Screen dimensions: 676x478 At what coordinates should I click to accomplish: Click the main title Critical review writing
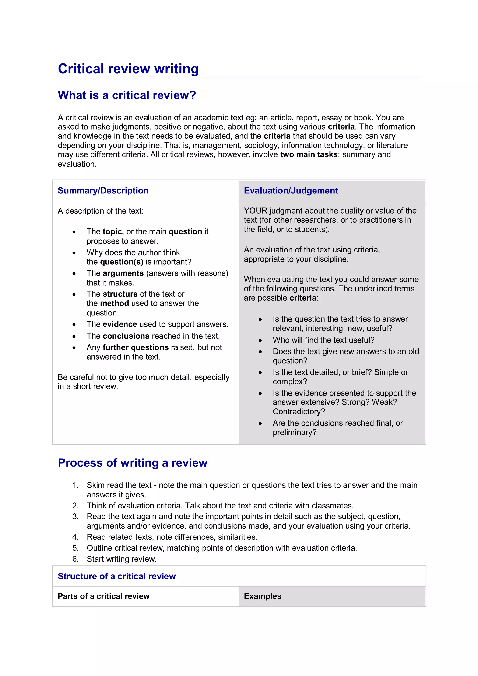pyautogui.click(x=128, y=69)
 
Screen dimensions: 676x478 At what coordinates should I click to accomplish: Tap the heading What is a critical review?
pyautogui.click(x=127, y=95)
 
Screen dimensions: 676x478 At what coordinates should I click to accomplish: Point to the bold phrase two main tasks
pyautogui.click(x=308, y=154)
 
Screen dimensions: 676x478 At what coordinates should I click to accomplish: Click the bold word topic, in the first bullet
pyautogui.click(x=113, y=232)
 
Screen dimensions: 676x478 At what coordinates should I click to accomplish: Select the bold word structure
pyautogui.click(x=120, y=294)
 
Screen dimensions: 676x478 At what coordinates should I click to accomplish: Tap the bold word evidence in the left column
pyautogui.click(x=119, y=324)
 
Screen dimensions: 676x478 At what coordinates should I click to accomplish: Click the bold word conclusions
pyautogui.click(x=126, y=336)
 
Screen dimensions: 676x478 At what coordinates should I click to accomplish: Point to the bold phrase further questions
pyautogui.click(x=135, y=347)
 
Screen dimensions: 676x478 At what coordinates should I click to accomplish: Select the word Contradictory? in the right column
pyautogui.click(x=299, y=411)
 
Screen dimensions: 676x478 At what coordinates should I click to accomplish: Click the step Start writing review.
pyautogui.click(x=121, y=559)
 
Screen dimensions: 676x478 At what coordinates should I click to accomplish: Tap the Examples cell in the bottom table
pyautogui.click(x=262, y=596)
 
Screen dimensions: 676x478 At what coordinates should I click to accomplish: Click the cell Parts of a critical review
pyautogui.click(x=103, y=596)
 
